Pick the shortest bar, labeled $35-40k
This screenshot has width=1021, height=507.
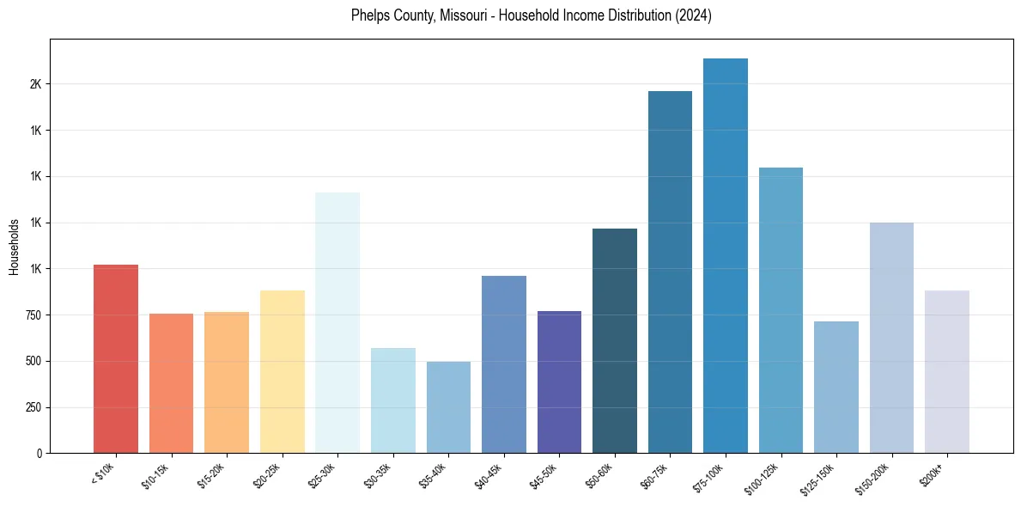pos(448,407)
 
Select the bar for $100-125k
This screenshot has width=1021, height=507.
pos(781,310)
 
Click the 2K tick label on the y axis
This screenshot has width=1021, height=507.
pos(35,84)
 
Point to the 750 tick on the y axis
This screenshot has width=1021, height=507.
pos(32,315)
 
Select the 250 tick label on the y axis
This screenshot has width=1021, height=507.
pos(32,407)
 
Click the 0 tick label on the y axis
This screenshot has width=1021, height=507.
pos(39,453)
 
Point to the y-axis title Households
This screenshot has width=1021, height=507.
pos(15,247)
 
